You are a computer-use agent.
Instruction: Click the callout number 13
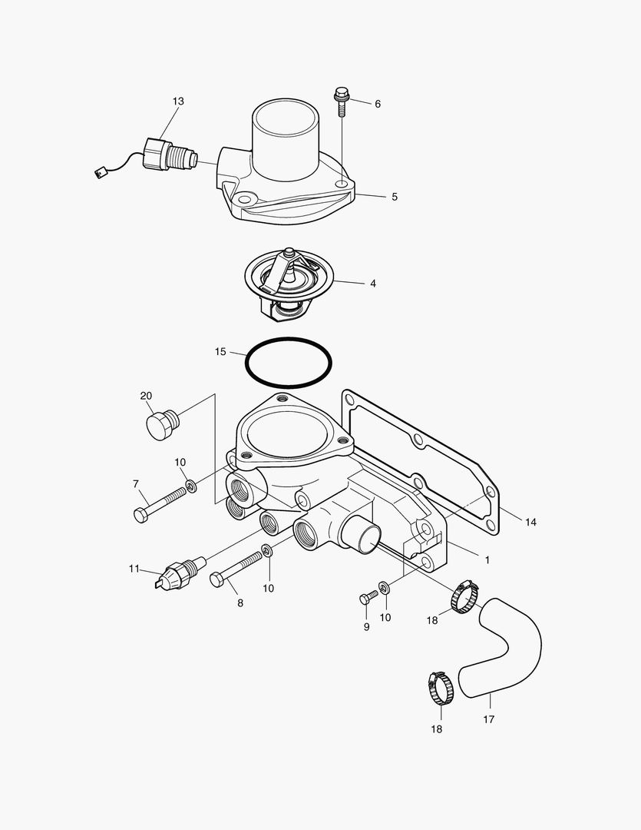(x=178, y=101)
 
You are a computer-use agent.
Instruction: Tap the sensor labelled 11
(x=180, y=573)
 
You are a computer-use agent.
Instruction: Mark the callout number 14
(x=530, y=522)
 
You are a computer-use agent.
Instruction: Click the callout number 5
(x=395, y=197)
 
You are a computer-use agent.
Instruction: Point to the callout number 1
(x=486, y=560)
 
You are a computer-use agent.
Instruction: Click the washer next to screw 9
(x=385, y=588)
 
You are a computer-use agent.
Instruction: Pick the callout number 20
(x=146, y=396)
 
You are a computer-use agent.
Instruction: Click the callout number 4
(x=373, y=284)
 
